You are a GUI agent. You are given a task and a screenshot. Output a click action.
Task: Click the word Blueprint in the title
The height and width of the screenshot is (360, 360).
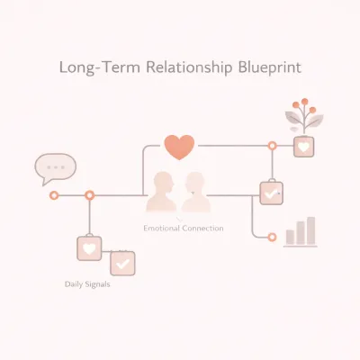[x=270, y=67]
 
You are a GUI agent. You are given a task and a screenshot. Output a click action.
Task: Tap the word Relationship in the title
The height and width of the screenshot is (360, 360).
[x=189, y=67]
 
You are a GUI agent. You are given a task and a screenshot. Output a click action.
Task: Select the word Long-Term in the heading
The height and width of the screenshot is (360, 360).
[x=100, y=67]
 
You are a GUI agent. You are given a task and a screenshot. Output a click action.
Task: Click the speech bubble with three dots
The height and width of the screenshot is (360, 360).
[x=56, y=168]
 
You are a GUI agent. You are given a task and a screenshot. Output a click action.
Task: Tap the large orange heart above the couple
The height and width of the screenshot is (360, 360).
[x=179, y=147]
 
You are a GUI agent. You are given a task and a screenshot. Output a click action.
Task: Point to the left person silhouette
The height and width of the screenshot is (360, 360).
[x=161, y=192]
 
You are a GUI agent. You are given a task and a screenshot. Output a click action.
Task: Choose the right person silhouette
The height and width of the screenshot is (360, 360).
[x=196, y=192]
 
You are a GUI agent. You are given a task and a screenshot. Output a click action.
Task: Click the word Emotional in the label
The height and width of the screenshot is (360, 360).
[x=161, y=229]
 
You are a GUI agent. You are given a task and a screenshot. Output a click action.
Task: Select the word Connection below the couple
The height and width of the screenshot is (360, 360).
[x=202, y=229]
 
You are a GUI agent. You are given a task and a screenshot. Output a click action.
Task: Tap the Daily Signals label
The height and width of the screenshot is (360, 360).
[x=87, y=284]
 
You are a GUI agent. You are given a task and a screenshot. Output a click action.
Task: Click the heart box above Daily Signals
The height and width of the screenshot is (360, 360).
[x=89, y=248]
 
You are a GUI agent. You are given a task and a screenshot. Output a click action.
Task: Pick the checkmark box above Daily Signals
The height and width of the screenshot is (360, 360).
[x=122, y=264]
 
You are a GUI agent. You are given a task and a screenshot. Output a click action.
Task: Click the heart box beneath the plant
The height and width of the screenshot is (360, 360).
[x=304, y=147]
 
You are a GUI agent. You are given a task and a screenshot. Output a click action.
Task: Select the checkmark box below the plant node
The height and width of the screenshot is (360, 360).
[x=271, y=193]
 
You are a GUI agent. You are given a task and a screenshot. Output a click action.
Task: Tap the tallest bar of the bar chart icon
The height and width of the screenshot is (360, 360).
[x=311, y=230]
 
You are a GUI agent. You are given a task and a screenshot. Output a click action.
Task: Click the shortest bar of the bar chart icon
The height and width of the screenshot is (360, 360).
[x=290, y=237]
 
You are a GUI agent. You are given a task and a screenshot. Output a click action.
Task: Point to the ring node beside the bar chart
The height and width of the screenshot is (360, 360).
[x=272, y=238]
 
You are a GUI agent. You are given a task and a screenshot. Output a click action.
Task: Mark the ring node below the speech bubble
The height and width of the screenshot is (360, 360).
[x=54, y=195]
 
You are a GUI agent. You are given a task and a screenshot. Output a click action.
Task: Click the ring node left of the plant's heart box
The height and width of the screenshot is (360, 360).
[x=272, y=146]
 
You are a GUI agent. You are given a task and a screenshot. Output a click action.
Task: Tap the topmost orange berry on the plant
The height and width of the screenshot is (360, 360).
[x=305, y=102]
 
